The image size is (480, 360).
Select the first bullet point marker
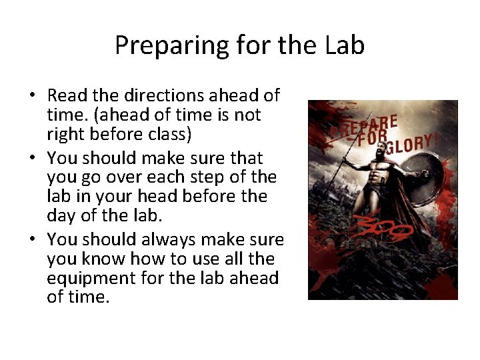32,96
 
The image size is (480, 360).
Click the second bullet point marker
32,159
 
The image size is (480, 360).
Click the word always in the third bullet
176,239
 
